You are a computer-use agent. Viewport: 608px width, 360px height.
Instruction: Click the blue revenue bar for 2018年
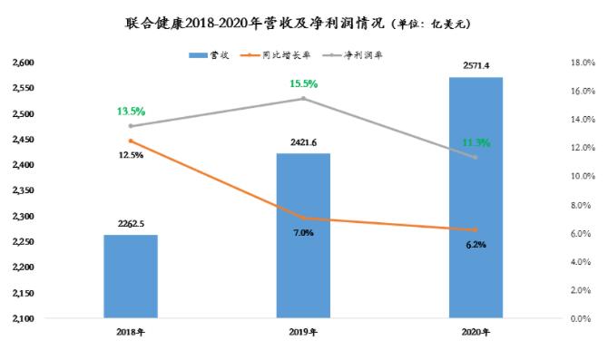click(131, 277)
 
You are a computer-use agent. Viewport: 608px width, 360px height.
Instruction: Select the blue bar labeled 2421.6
click(303, 236)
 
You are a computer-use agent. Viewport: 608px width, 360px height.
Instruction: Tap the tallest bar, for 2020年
click(476, 198)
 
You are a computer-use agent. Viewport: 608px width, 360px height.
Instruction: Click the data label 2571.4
click(476, 66)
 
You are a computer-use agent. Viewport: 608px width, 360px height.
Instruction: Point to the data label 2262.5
click(131, 224)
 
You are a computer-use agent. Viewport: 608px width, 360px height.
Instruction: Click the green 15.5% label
click(304, 83)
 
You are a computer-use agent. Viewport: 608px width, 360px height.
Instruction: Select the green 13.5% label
click(131, 112)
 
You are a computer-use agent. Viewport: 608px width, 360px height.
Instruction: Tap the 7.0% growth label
click(303, 233)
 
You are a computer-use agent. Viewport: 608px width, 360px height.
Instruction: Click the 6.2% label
click(476, 245)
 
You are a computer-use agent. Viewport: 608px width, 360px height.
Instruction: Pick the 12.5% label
click(131, 155)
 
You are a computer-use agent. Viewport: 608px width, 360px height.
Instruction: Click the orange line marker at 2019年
click(303, 219)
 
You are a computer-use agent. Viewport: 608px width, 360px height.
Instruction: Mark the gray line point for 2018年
click(131, 126)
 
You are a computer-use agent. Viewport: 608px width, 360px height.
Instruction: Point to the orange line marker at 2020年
click(476, 229)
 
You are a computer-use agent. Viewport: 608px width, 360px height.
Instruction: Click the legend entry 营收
click(209, 55)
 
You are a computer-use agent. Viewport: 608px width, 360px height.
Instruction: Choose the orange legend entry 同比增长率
click(276, 55)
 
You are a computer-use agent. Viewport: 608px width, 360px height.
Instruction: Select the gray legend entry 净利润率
click(352, 55)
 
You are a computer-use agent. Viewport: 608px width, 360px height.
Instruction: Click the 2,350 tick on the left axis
click(24, 190)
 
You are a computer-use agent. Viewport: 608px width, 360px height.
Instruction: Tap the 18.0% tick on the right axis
click(583, 63)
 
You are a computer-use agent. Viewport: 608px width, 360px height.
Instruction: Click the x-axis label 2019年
click(303, 332)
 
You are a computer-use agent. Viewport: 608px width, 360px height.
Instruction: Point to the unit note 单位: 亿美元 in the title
click(431, 24)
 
